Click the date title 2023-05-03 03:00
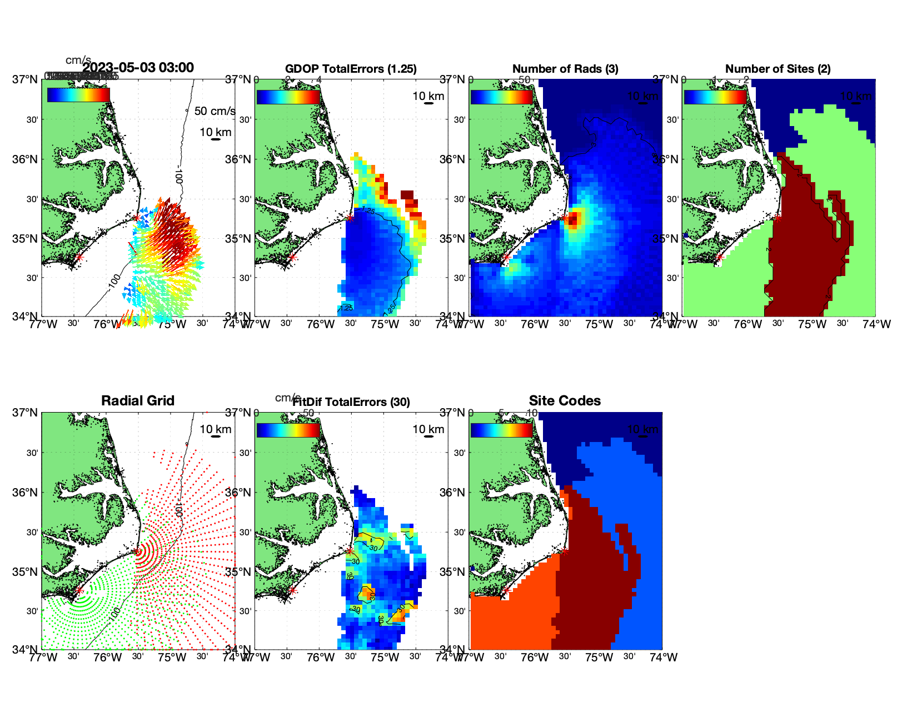pyautogui.click(x=138, y=68)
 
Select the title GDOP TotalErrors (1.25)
pyautogui.click(x=351, y=69)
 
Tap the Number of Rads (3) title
pyautogui.click(x=565, y=69)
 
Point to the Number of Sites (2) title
pyautogui.click(x=778, y=69)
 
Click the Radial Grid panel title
pyautogui.click(x=138, y=401)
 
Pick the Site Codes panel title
pyautogui.click(x=565, y=401)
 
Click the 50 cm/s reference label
pyautogui.click(x=215, y=111)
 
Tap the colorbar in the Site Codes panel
pyautogui.click(x=501, y=430)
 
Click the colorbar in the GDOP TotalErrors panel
pyautogui.click(x=288, y=97)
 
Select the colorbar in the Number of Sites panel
pyautogui.click(x=715, y=97)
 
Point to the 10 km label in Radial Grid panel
pyautogui.click(x=215, y=429)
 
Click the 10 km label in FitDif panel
pyautogui.click(x=428, y=429)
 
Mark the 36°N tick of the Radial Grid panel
pyautogui.click(x=26, y=493)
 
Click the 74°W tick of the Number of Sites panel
pyautogui.click(x=876, y=324)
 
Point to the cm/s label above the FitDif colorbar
pyautogui.click(x=287, y=398)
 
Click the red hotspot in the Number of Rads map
pyautogui.click(x=573, y=217)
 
